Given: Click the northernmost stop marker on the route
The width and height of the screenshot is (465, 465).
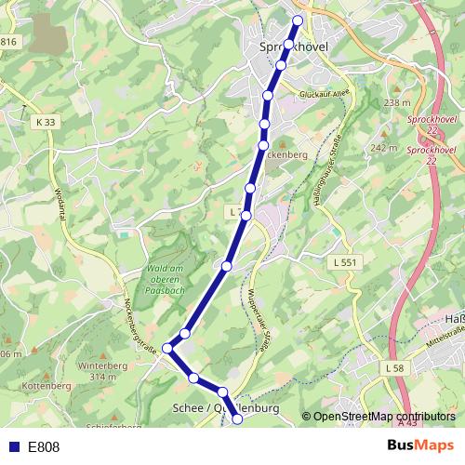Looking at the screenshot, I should (x=299, y=20).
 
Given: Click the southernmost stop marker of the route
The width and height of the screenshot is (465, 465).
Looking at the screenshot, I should (x=237, y=419).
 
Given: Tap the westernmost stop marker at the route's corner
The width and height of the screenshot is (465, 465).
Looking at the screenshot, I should (x=168, y=348).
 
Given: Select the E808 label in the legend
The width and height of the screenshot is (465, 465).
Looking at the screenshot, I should (x=44, y=447).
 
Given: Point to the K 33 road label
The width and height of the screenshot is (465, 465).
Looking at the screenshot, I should (x=46, y=122).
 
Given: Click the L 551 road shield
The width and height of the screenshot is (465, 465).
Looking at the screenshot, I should (x=344, y=263).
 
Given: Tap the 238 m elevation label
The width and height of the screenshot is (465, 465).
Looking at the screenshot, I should (x=396, y=102).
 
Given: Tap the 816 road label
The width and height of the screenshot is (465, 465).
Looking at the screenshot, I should (x=9, y=42).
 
